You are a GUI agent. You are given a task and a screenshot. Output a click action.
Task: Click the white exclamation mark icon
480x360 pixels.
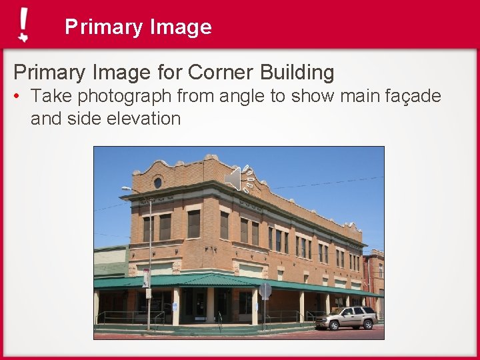(x=23, y=25)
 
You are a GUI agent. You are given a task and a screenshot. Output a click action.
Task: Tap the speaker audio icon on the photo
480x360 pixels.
(x=240, y=179)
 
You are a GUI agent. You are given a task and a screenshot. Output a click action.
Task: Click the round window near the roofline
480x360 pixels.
(x=158, y=182)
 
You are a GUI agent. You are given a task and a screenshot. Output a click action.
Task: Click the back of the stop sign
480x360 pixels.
(x=265, y=291)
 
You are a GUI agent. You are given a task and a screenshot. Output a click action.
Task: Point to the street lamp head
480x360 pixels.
(x=126, y=189)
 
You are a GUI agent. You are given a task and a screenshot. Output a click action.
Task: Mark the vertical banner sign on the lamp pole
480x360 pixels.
(x=145, y=277)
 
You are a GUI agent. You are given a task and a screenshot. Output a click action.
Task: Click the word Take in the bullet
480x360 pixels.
(x=51, y=97)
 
